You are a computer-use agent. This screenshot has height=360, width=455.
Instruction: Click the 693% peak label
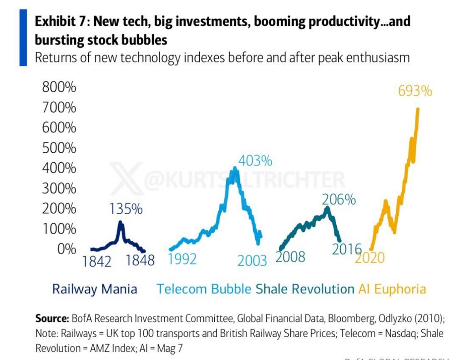pyautogui.click(x=415, y=91)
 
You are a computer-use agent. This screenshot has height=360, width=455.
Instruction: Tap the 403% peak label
pyautogui.click(x=255, y=161)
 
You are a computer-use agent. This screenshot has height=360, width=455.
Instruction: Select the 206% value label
pyautogui.click(x=339, y=200)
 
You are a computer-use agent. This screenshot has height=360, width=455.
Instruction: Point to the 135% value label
pyautogui.click(x=126, y=209)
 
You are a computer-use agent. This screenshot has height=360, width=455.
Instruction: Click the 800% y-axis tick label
pyautogui.click(x=59, y=88)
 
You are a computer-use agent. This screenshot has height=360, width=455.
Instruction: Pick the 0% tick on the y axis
pyautogui.click(x=66, y=249)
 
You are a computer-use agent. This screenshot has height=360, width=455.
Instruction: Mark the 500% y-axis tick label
pyautogui.click(x=59, y=148)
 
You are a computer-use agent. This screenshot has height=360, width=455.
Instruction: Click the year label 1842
pyautogui.click(x=97, y=261)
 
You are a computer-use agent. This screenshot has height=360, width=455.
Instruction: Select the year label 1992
pyautogui.click(x=182, y=259)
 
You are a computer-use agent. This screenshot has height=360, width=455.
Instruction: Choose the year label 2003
pyautogui.click(x=252, y=261)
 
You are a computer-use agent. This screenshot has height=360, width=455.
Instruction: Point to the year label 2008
pyautogui.click(x=290, y=257)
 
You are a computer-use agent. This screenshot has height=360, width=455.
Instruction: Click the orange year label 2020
pyautogui.click(x=369, y=258)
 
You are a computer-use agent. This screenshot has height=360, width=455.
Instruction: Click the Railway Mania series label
pyautogui.click(x=95, y=289)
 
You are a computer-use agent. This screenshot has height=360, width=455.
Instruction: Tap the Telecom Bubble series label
pyautogui.click(x=204, y=289)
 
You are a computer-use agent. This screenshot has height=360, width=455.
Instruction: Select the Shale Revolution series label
pyautogui.click(x=304, y=289)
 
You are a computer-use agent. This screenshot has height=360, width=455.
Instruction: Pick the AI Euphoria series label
pyautogui.click(x=392, y=289)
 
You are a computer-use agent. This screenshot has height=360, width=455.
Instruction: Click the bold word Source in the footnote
pyautogui.click(x=51, y=317)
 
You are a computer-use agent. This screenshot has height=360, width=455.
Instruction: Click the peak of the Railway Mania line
pyautogui.click(x=120, y=222)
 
